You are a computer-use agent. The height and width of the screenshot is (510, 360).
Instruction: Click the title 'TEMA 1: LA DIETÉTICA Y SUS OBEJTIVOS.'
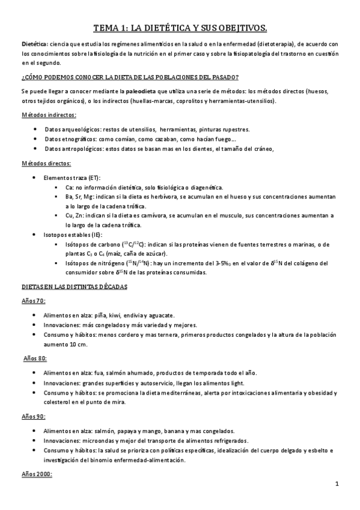180,28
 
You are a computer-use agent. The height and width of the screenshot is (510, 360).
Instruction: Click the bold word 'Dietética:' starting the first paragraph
34,45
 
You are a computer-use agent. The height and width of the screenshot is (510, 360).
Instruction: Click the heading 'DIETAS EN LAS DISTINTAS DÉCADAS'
74,287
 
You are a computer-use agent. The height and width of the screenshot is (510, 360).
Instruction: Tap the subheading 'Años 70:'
34,301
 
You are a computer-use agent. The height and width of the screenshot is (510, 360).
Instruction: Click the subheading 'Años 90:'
34,416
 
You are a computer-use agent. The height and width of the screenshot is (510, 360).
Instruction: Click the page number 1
337,484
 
